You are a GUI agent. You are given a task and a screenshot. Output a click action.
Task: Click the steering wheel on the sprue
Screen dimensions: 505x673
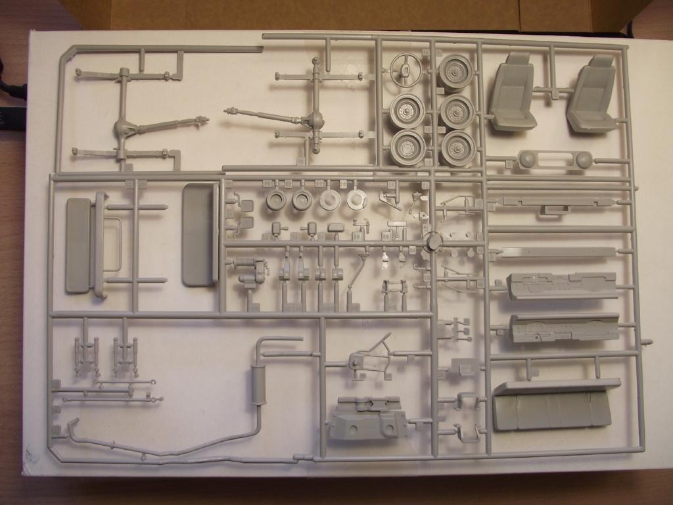point(406,68)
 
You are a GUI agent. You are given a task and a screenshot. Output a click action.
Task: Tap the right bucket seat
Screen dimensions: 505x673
point(593,93)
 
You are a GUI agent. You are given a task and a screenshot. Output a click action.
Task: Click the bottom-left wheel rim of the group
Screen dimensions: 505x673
point(407,148)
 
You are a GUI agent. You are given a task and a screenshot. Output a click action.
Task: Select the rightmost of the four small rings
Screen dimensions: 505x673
point(356,200)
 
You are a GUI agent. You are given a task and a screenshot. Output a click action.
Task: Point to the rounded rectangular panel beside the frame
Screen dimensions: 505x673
point(200,234)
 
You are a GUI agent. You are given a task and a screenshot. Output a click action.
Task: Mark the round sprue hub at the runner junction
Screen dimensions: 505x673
point(434,241)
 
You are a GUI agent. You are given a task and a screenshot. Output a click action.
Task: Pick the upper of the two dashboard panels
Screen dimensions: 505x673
point(562,286)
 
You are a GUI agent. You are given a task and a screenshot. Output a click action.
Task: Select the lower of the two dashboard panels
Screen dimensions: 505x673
point(564,327)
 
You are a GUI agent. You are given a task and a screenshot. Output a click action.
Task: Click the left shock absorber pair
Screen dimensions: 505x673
point(86,355)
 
